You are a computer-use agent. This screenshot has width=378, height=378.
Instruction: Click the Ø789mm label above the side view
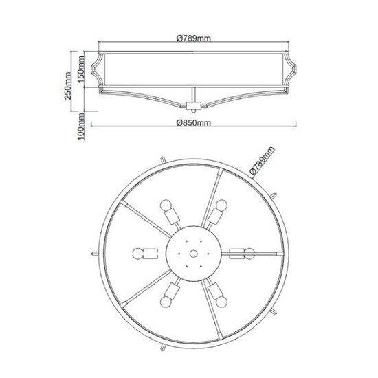194,38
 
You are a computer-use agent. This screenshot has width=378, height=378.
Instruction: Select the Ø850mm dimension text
194,123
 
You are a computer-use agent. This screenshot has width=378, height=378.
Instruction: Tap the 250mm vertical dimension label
68,86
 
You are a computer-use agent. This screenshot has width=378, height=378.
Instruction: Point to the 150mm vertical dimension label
81,69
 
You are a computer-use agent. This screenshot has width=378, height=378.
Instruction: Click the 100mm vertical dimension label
81,127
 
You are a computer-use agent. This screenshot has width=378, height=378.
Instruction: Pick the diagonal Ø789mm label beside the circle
262,160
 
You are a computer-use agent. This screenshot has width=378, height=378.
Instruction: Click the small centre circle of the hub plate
193,254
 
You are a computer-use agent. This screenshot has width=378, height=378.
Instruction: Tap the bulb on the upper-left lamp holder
166,205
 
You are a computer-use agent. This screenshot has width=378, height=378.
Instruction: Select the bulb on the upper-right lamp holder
221,205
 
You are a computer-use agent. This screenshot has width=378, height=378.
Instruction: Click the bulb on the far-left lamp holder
138,254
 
